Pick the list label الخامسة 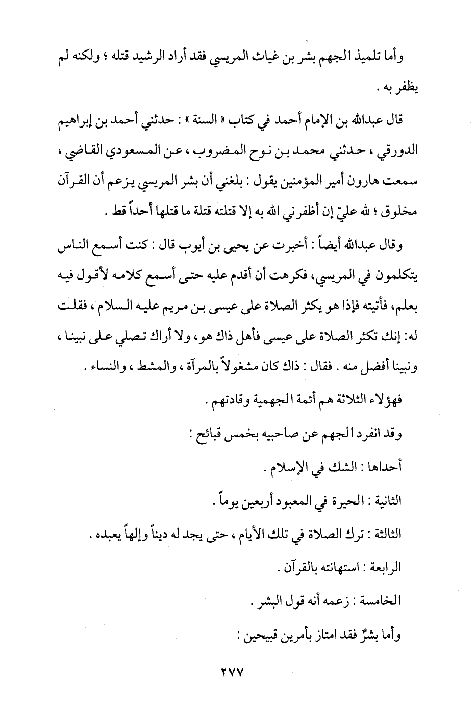coord(382,601)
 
